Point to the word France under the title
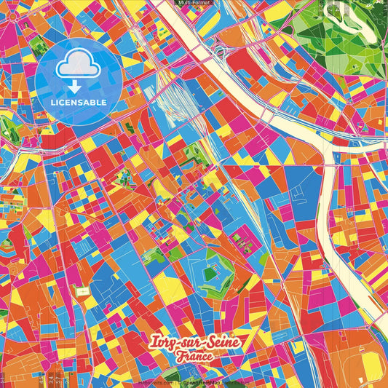[193, 357]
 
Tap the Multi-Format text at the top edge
[194, 4]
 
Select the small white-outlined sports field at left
[83, 291]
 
